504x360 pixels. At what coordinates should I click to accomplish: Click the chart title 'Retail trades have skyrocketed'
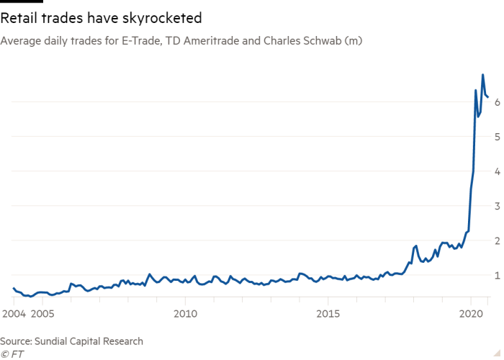coord(101,17)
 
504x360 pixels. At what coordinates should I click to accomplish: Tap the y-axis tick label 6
coord(497,102)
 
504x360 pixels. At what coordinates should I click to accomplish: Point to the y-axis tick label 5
coord(497,137)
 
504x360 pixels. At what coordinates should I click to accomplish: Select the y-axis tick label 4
coord(497,171)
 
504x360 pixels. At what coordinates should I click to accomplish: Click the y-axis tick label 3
coord(497,206)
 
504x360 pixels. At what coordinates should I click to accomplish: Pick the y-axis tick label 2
coord(497,240)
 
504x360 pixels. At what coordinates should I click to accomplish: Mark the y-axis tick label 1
coord(497,275)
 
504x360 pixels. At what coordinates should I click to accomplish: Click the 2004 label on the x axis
coord(14,315)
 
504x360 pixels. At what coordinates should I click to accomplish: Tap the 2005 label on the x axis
coord(42,315)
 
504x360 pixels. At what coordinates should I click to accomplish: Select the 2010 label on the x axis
coord(185,315)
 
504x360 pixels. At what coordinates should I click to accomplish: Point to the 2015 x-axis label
coord(328,315)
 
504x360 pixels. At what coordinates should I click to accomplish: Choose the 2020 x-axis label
coord(470,315)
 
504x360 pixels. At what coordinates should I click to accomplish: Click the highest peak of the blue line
coord(482,75)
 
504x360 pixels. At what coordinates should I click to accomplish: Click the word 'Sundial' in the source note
coord(55,341)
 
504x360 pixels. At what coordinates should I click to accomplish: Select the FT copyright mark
coord(12,353)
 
